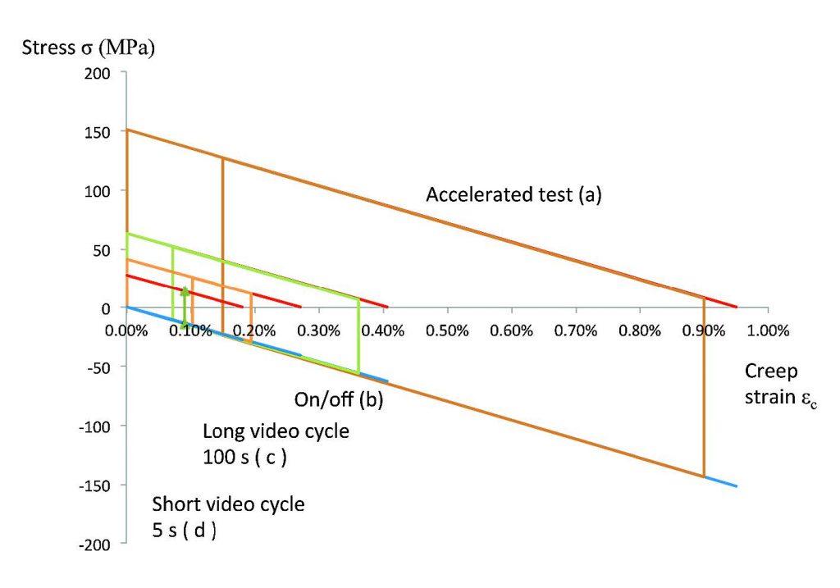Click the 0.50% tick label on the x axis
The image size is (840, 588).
click(447, 331)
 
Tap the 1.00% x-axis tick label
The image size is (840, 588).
click(768, 331)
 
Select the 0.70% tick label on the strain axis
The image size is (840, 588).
click(575, 331)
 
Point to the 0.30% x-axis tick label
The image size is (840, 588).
click(319, 331)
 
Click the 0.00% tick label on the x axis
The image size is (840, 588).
click(126, 331)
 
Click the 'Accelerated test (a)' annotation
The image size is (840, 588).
click(514, 195)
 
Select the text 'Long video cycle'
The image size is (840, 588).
click(276, 431)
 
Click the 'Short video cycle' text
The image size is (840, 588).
click(229, 504)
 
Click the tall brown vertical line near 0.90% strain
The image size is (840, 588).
click(704, 385)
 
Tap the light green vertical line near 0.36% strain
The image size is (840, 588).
click(358, 336)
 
